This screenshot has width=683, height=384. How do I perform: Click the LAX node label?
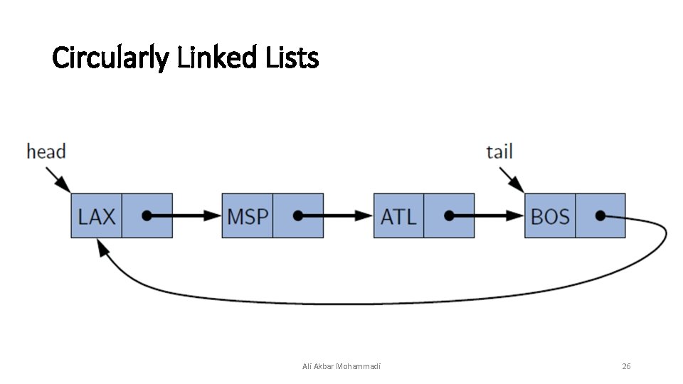click(x=97, y=216)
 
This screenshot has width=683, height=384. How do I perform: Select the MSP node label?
click(x=248, y=216)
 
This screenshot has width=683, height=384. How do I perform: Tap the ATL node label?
click(x=398, y=216)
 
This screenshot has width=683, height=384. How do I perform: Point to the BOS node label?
click(x=550, y=216)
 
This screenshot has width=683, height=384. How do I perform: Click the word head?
click(x=46, y=151)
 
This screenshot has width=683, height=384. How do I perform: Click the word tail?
click(x=499, y=151)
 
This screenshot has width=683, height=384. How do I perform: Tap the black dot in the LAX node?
click(x=147, y=215)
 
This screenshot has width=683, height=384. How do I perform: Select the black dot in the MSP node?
click(x=297, y=215)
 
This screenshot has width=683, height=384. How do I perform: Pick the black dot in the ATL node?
click(x=449, y=215)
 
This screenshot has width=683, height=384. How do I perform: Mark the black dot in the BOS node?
click(x=600, y=215)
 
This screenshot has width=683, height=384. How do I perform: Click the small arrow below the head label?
click(x=57, y=178)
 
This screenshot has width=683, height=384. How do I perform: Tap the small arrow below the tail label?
click(x=511, y=178)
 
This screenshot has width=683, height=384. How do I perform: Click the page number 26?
click(x=626, y=366)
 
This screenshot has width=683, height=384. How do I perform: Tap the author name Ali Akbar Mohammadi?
click(x=341, y=366)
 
